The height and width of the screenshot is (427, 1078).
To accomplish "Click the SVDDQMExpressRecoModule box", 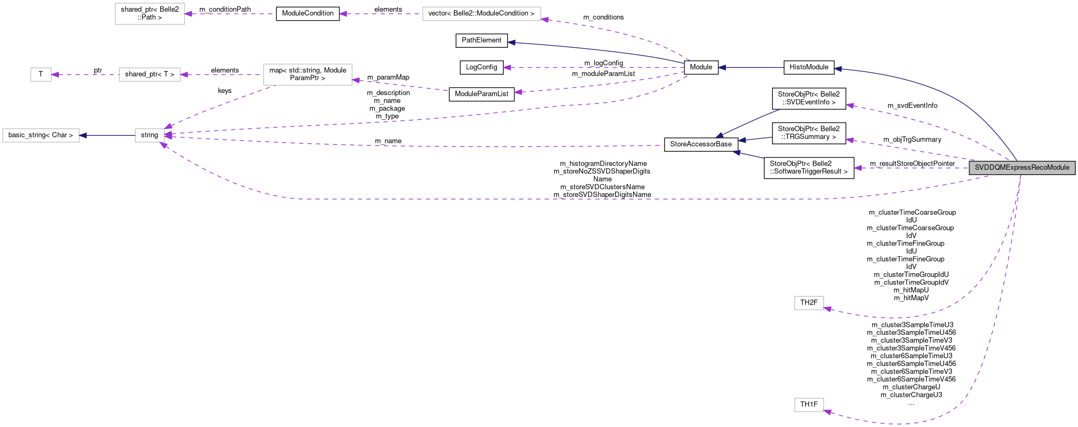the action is pos(1022,168).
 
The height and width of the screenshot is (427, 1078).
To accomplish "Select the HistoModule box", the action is pos(809,67).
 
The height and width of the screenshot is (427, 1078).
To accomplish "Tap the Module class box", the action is pos(701,67).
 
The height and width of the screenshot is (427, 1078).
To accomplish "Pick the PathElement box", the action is pos(481,40).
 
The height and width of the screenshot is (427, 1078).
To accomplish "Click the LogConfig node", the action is pos(481,67).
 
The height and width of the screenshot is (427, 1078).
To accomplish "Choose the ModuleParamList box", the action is pos(481,94).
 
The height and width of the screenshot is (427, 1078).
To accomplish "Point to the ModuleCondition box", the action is pos(308,13).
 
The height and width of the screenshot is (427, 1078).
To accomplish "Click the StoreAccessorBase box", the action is pos(701,144).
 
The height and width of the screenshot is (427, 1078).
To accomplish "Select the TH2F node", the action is pos(809,303).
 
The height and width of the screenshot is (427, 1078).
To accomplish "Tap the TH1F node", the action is pos(809,405).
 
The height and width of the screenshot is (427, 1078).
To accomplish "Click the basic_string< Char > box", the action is pos(41,135).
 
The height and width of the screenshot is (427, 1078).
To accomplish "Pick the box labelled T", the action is pos(41,74).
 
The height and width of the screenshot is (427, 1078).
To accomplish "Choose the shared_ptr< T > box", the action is pos(150,74).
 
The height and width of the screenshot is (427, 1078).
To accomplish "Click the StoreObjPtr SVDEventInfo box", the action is pos(809,98).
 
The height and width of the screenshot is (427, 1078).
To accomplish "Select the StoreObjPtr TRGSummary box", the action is pos(809,133).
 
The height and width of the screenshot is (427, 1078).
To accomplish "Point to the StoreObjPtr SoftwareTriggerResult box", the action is pos(809,168).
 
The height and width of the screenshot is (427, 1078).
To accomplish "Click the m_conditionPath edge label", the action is pos(225,10).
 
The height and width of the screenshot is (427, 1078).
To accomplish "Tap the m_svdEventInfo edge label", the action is pos(912,106).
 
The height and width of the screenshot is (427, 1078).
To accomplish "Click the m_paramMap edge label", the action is pos(388,77).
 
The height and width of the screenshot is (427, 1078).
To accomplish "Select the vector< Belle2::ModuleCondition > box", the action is pos(481,13).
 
